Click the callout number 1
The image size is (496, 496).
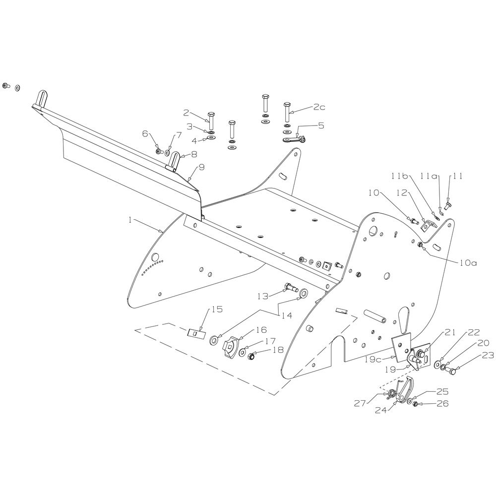[x=130, y=219]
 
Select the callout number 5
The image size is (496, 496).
[x=321, y=126]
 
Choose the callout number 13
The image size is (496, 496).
[x=263, y=296]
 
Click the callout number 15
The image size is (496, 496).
[x=217, y=310]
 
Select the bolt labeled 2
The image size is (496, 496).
[x=211, y=119]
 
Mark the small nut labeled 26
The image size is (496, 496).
[x=416, y=405]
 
